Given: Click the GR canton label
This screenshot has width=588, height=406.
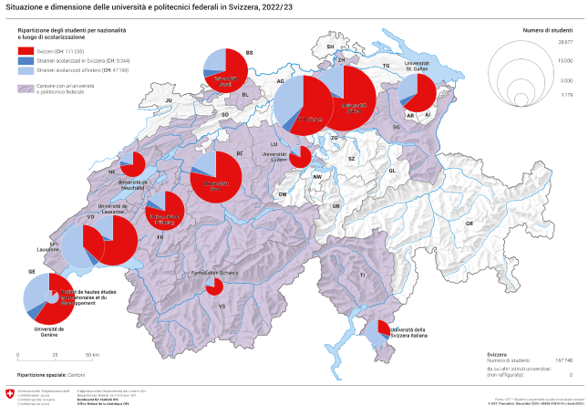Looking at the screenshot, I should click(469, 223).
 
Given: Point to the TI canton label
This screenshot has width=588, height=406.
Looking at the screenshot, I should click(362, 275).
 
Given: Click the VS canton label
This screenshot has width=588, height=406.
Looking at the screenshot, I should click(222, 306).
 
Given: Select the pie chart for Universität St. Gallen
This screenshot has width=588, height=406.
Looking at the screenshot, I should click(418, 93).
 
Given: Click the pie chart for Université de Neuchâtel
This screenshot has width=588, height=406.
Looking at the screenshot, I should click(132, 164).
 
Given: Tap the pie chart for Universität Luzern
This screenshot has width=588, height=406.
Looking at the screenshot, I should click(300, 156).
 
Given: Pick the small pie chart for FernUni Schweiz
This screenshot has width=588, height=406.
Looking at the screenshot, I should click(214, 287).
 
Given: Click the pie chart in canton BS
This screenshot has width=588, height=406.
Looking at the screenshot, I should click(222, 70).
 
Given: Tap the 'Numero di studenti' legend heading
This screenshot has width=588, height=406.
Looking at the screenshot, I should click(546, 30).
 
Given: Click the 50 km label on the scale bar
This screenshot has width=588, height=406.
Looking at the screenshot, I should click(91, 354).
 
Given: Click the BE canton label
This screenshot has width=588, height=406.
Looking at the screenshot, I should click(239, 153).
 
